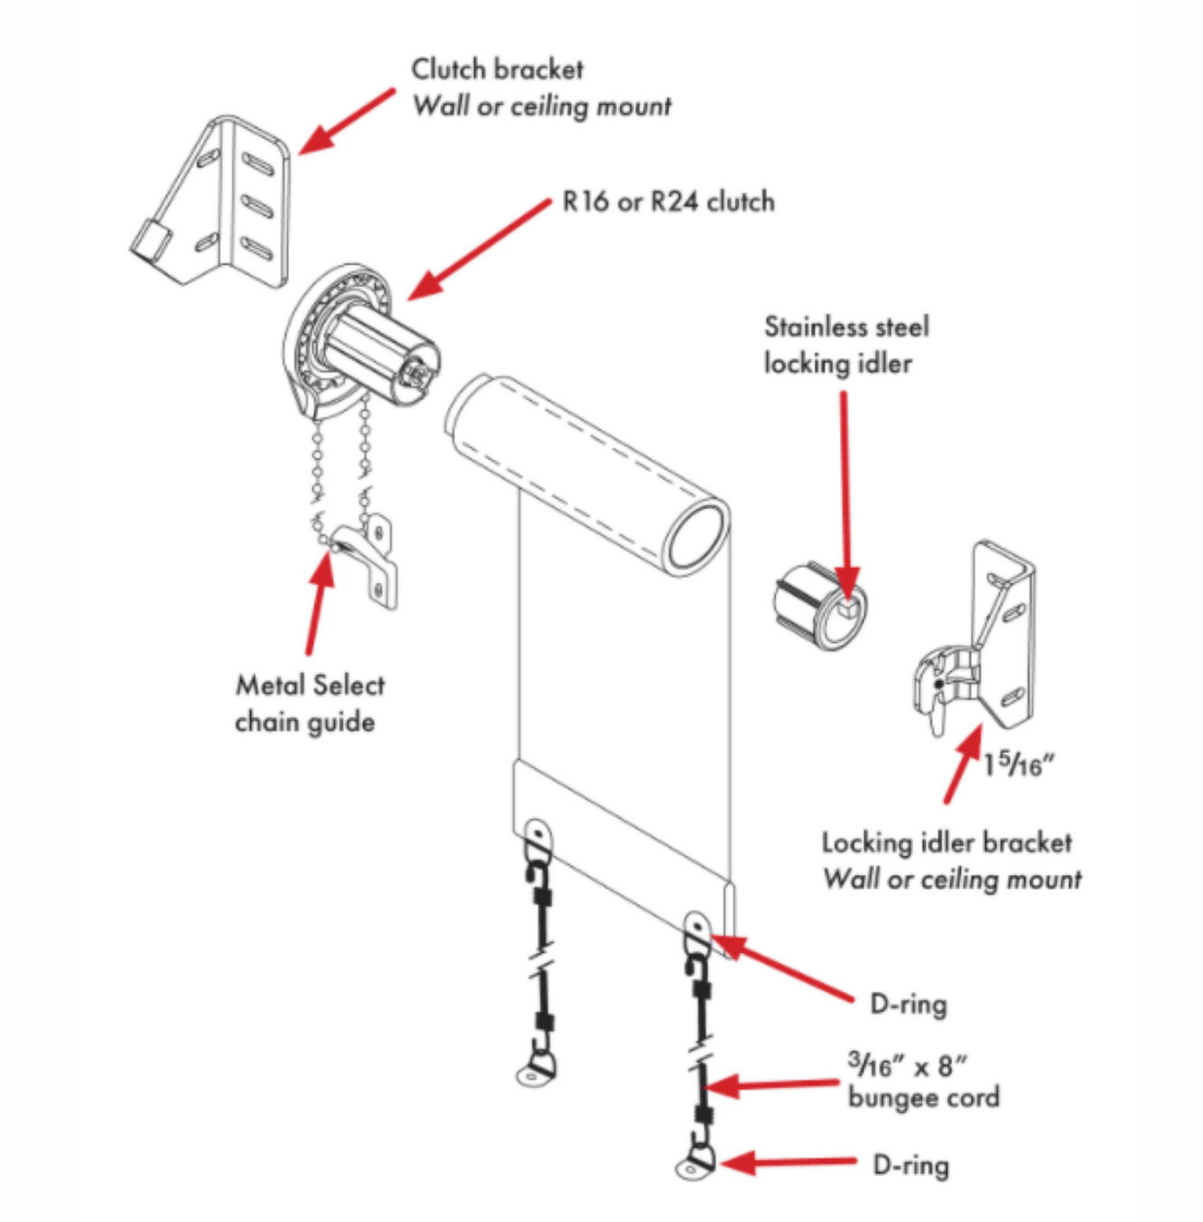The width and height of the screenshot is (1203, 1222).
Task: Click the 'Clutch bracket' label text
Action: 497,69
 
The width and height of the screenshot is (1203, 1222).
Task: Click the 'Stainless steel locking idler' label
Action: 845,344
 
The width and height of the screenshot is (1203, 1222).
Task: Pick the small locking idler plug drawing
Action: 819,606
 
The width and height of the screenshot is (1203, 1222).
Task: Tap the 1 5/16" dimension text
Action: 1019,765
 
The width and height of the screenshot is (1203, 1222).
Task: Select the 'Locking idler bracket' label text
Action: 947,843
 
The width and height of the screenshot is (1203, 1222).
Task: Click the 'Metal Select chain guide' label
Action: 309,703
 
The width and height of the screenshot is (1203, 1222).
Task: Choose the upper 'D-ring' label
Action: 908,1003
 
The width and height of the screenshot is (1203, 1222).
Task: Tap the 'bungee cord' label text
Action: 923,1097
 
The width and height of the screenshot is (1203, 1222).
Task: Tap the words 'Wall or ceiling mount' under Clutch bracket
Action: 542,106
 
